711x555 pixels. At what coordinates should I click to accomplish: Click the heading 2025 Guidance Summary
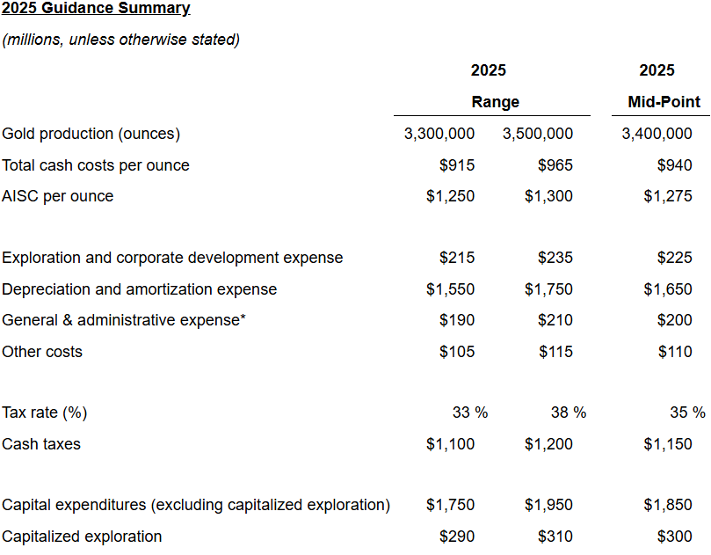tap(96, 9)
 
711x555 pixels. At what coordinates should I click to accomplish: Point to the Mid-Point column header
tap(664, 102)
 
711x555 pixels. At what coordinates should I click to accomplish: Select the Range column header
tap(495, 102)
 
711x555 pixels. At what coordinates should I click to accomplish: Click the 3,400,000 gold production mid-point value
tap(657, 134)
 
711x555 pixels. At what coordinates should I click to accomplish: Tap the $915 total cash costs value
tap(457, 165)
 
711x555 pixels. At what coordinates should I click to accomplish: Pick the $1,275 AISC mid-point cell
tap(668, 196)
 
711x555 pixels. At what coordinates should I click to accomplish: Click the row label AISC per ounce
tap(58, 196)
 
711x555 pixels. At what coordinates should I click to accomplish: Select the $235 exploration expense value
tap(555, 258)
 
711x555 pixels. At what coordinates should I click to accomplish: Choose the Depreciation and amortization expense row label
tap(140, 289)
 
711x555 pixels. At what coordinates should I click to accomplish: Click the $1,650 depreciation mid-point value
tap(668, 289)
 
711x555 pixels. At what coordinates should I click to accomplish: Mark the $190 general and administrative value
tap(457, 320)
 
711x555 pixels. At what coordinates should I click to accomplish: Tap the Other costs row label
tap(42, 352)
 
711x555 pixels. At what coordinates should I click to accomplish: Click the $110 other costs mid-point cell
tap(675, 352)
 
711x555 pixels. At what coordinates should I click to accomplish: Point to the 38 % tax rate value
tap(568, 413)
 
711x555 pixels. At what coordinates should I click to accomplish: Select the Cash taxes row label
tap(41, 444)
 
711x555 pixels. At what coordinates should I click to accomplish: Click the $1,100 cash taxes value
tap(450, 444)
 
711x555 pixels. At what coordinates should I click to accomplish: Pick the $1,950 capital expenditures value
tap(548, 505)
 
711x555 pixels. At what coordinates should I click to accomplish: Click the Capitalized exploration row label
tap(82, 537)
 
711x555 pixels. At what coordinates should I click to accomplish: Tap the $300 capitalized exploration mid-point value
tap(675, 537)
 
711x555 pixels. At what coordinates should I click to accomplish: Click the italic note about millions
tap(121, 40)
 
